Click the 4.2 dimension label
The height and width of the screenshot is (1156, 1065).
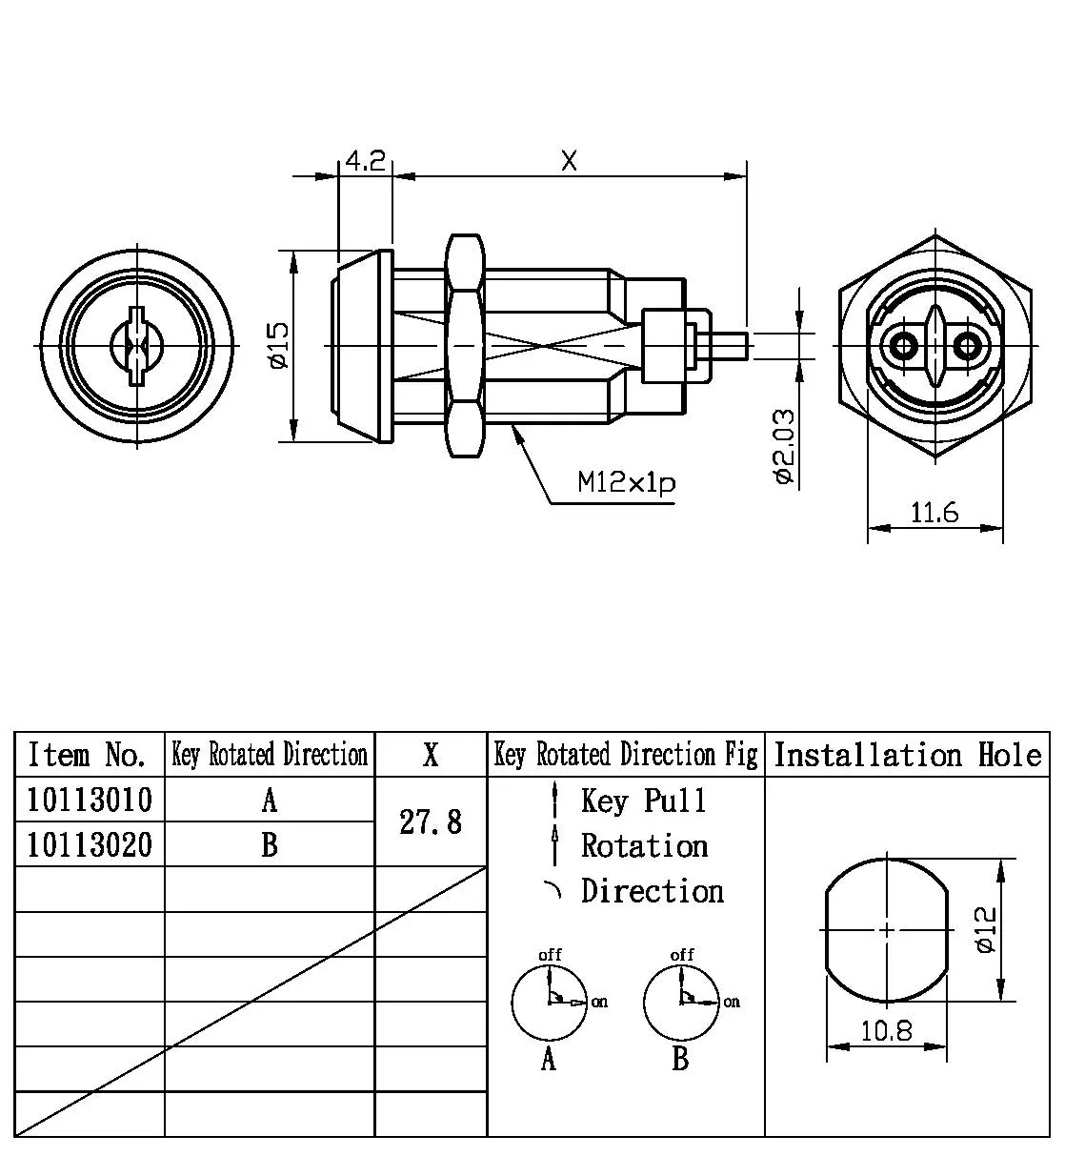click(x=364, y=161)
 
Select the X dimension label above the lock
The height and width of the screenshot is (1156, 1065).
click(x=569, y=161)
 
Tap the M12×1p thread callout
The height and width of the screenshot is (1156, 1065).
click(x=627, y=483)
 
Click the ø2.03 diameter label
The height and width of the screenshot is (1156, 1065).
click(x=783, y=446)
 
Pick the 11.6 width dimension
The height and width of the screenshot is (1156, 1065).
click(x=934, y=514)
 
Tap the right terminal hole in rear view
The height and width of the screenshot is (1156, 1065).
click(x=968, y=344)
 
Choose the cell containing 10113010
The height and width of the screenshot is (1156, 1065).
click(x=90, y=800)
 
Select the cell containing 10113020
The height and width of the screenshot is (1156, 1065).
click(x=90, y=844)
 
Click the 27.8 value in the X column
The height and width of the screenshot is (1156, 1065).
click(x=431, y=821)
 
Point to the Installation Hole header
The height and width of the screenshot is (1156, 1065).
click(x=907, y=755)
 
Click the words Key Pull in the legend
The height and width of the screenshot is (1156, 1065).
click(x=644, y=801)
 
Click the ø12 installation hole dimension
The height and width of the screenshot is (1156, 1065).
click(x=987, y=929)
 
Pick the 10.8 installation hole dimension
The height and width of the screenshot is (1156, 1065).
click(x=886, y=1030)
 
